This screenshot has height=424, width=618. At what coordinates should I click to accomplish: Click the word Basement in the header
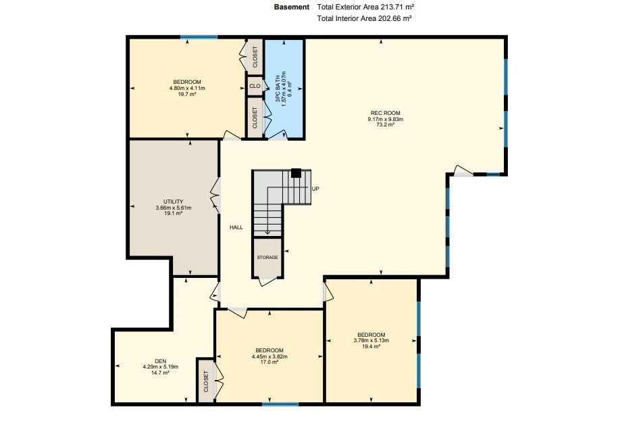tap(292, 7)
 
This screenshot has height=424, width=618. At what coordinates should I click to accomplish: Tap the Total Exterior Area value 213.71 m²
tap(397, 7)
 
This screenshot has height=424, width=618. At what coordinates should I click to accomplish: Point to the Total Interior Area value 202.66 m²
tap(395, 18)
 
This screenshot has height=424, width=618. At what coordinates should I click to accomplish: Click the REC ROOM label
tap(386, 113)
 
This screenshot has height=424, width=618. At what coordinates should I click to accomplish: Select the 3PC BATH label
tap(278, 89)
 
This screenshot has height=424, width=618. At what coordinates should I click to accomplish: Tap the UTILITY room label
tap(174, 202)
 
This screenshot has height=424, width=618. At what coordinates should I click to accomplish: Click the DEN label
tap(161, 361)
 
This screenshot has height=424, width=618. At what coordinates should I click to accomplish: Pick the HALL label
tap(236, 227)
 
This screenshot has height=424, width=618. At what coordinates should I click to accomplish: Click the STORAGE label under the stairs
tap(267, 258)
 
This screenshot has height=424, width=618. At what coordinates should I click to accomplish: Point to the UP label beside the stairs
tap(315, 189)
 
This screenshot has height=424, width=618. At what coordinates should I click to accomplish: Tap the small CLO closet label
tap(255, 86)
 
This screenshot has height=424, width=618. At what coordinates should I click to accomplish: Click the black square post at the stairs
tap(296, 173)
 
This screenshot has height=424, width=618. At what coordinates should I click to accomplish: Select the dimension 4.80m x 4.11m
tap(187, 88)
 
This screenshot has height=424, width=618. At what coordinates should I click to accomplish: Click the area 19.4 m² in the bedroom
tap(371, 346)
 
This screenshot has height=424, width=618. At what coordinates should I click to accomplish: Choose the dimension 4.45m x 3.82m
tap(269, 356)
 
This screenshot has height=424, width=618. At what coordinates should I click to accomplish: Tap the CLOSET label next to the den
tap(206, 381)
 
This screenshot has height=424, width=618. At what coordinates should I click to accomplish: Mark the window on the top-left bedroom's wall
tap(199, 37)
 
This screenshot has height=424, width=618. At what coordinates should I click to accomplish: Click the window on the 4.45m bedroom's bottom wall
tap(280, 404)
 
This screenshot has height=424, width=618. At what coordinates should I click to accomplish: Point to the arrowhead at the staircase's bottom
tap(267, 233)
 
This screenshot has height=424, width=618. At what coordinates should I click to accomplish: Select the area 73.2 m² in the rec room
tap(386, 124)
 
